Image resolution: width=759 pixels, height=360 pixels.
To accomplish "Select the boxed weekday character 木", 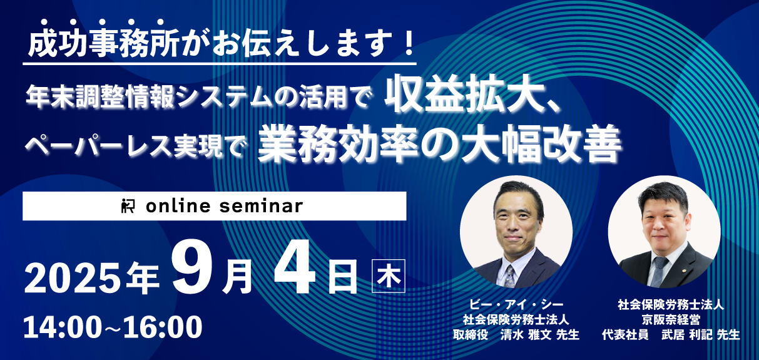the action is pyautogui.click(x=389, y=276).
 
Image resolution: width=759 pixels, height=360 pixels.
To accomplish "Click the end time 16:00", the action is pyautogui.click(x=163, y=327).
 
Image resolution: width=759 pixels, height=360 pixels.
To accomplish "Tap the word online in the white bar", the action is pyautogui.click(x=178, y=206).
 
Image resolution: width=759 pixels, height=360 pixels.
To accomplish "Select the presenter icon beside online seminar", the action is pyautogui.click(x=128, y=206).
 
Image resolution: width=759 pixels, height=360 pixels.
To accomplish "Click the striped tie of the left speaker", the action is pyautogui.click(x=510, y=276).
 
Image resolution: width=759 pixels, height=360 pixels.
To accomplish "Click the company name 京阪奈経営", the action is pyautogui.click(x=671, y=320).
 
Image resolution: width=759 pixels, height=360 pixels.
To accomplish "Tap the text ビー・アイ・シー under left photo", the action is pyautogui.click(x=516, y=304).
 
